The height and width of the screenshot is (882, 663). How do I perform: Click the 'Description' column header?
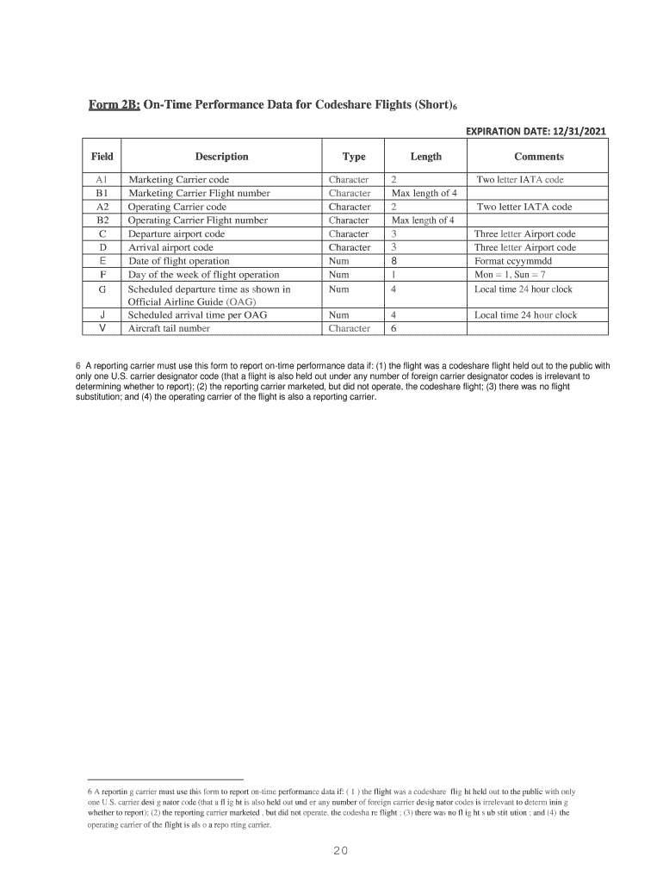pos(221,157)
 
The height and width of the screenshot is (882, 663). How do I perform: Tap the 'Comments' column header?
pos(538,157)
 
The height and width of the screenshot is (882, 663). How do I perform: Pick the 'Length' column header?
pos(425,157)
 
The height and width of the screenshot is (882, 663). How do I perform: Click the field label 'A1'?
pos(102,180)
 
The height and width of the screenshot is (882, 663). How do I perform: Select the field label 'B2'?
pos(102,220)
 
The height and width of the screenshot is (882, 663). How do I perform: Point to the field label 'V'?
pos(102,328)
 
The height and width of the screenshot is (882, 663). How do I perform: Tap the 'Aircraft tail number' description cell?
pos(169,328)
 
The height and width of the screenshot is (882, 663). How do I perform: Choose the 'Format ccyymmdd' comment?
pos(513,261)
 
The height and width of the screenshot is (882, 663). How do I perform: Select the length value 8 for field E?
pos(393,261)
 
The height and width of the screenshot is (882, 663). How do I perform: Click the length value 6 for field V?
pos(393,328)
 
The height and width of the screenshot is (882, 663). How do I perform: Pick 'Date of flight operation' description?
pos(178,261)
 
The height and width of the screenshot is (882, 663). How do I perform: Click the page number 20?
pos(340,852)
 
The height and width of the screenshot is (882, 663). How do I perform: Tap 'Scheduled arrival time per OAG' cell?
pos(197,315)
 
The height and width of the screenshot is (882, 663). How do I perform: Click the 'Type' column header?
pos(354,157)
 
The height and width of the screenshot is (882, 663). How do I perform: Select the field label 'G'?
pos(102,289)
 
